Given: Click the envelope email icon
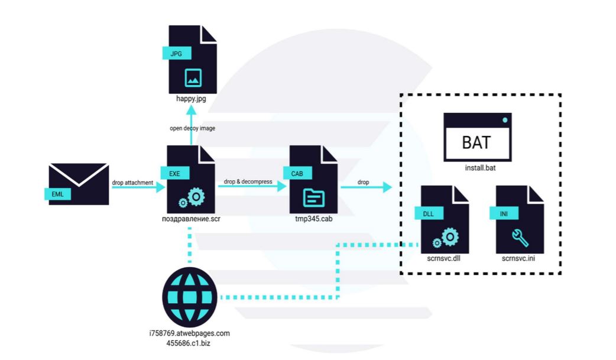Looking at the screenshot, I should pyautogui.click(x=79, y=184).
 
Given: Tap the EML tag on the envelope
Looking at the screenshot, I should pyautogui.click(x=57, y=193).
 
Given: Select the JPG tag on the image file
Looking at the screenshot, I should pyautogui.click(x=177, y=53).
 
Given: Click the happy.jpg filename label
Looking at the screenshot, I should pyautogui.click(x=191, y=99).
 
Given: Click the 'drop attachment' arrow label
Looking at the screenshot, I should pyautogui.click(x=132, y=182).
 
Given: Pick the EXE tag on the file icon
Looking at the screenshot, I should pyautogui.click(x=176, y=173).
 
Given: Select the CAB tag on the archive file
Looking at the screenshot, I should pyautogui.click(x=297, y=173).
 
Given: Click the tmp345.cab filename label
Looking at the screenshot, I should pyautogui.click(x=313, y=219).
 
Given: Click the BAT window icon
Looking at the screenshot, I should pyautogui.click(x=478, y=137).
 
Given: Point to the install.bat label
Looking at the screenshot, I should pyautogui.click(x=478, y=168).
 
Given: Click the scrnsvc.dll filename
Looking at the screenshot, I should pyautogui.click(x=443, y=259).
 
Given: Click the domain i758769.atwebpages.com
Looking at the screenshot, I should pyautogui.click(x=189, y=333).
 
